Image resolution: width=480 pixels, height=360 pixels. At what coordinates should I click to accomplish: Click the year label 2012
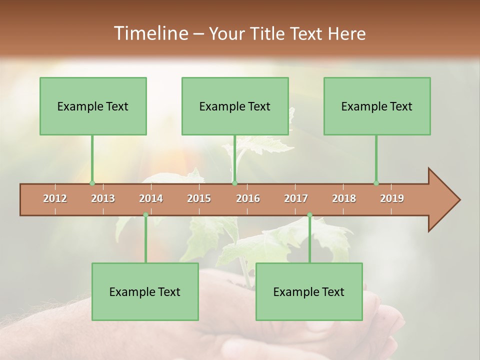(55, 198)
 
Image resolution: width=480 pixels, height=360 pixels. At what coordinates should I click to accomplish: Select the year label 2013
(103, 198)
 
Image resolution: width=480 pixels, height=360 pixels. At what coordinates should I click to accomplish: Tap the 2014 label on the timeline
(151, 198)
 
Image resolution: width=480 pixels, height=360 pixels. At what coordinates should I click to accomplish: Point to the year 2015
(199, 198)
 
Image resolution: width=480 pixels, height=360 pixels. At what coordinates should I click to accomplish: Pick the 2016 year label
(248, 198)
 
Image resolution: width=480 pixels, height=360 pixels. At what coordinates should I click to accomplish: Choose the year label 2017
(296, 198)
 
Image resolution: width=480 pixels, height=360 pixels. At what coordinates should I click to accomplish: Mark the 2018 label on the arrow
(344, 198)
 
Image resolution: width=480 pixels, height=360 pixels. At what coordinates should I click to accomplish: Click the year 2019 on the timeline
(392, 198)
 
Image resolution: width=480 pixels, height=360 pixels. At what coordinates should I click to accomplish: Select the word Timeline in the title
(150, 33)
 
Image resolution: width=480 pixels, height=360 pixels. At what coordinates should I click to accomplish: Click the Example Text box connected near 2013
(93, 106)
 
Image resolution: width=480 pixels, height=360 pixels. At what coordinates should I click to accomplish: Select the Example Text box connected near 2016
(235, 106)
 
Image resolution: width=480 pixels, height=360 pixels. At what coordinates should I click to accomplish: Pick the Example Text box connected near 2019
(377, 106)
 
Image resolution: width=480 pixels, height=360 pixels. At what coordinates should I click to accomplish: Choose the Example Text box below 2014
(145, 291)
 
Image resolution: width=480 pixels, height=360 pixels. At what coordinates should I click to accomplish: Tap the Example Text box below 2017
(309, 291)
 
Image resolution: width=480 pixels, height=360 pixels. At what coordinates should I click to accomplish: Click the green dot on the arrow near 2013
(92, 183)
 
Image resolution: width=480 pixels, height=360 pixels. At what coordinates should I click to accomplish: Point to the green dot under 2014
(145, 215)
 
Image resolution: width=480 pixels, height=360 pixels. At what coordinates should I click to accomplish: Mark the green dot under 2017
(309, 215)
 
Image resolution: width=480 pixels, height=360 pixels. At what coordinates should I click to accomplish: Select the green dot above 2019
(376, 183)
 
